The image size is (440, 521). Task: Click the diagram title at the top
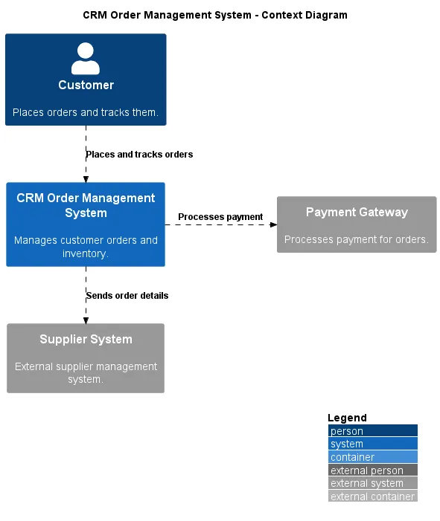click(x=214, y=15)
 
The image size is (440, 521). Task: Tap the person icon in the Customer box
click(x=86, y=59)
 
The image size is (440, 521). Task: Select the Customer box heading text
click(x=86, y=85)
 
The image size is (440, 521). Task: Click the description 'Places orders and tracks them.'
click(x=86, y=113)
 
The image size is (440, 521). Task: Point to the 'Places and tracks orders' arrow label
click(x=139, y=155)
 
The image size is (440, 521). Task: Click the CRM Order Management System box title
click(x=86, y=205)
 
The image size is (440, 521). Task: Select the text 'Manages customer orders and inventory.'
click(x=86, y=247)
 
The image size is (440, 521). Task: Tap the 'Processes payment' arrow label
click(x=220, y=217)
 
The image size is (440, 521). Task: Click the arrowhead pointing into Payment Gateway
click(x=272, y=224)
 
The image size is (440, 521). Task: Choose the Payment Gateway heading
click(x=357, y=212)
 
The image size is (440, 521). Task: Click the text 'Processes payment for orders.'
click(x=357, y=239)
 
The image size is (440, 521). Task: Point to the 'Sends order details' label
click(x=127, y=296)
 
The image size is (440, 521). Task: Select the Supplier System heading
click(x=86, y=339)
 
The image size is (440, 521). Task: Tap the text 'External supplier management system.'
click(x=86, y=372)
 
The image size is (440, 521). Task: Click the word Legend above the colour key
click(x=347, y=418)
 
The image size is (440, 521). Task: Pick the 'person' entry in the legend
click(x=372, y=431)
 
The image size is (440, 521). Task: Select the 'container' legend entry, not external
click(x=372, y=457)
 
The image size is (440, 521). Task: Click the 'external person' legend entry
click(x=372, y=470)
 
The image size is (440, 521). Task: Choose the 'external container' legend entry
click(x=372, y=496)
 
